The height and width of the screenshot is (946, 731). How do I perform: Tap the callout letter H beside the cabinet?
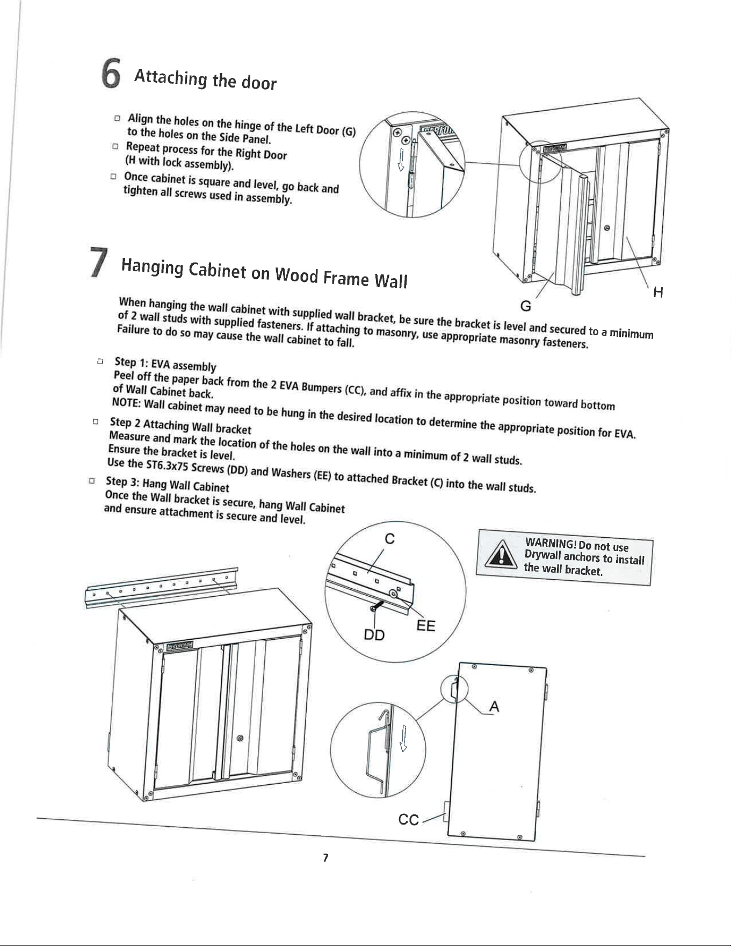[x=658, y=292]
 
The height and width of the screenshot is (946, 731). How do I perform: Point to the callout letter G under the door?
[x=526, y=306]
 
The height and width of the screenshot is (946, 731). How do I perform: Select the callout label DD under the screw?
[x=374, y=635]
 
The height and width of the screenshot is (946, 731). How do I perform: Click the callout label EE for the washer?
[x=426, y=626]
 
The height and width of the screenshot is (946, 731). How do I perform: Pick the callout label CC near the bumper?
[x=409, y=820]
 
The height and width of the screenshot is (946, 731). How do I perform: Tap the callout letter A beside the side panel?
[x=494, y=707]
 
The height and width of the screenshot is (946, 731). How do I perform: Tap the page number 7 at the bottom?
[x=325, y=858]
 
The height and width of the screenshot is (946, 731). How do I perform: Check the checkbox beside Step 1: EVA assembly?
[x=99, y=362]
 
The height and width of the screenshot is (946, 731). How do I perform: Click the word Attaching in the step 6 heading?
[x=171, y=77]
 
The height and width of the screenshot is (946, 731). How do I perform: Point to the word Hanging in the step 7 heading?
[x=152, y=266]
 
